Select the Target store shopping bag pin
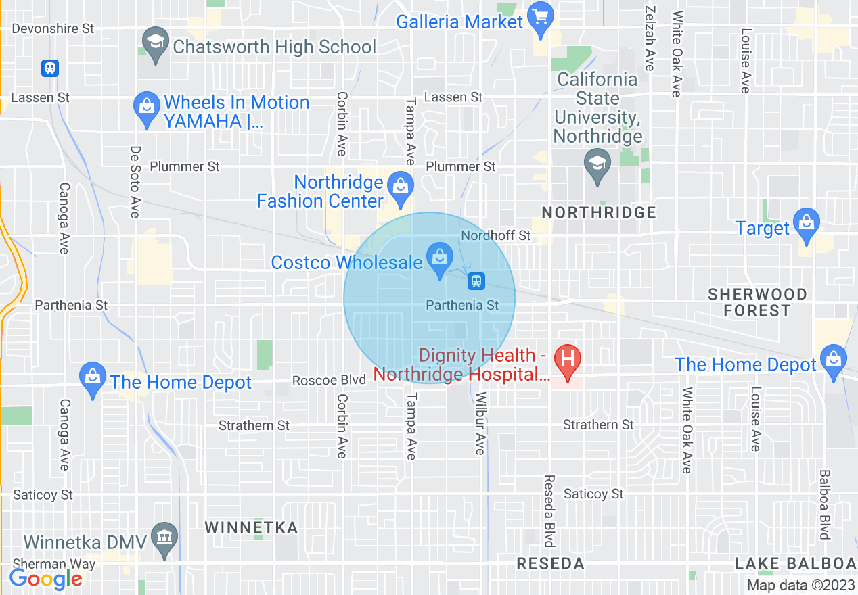point(806,224)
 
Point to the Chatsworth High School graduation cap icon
point(156,43)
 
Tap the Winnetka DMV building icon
point(164,538)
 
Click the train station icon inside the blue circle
point(476,280)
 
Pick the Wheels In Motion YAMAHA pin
point(146,108)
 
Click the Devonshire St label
point(53,29)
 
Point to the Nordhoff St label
point(496,235)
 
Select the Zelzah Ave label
point(650,40)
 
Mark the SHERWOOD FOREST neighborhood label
point(757,302)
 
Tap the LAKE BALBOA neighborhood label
point(795,563)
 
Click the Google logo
point(45,579)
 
